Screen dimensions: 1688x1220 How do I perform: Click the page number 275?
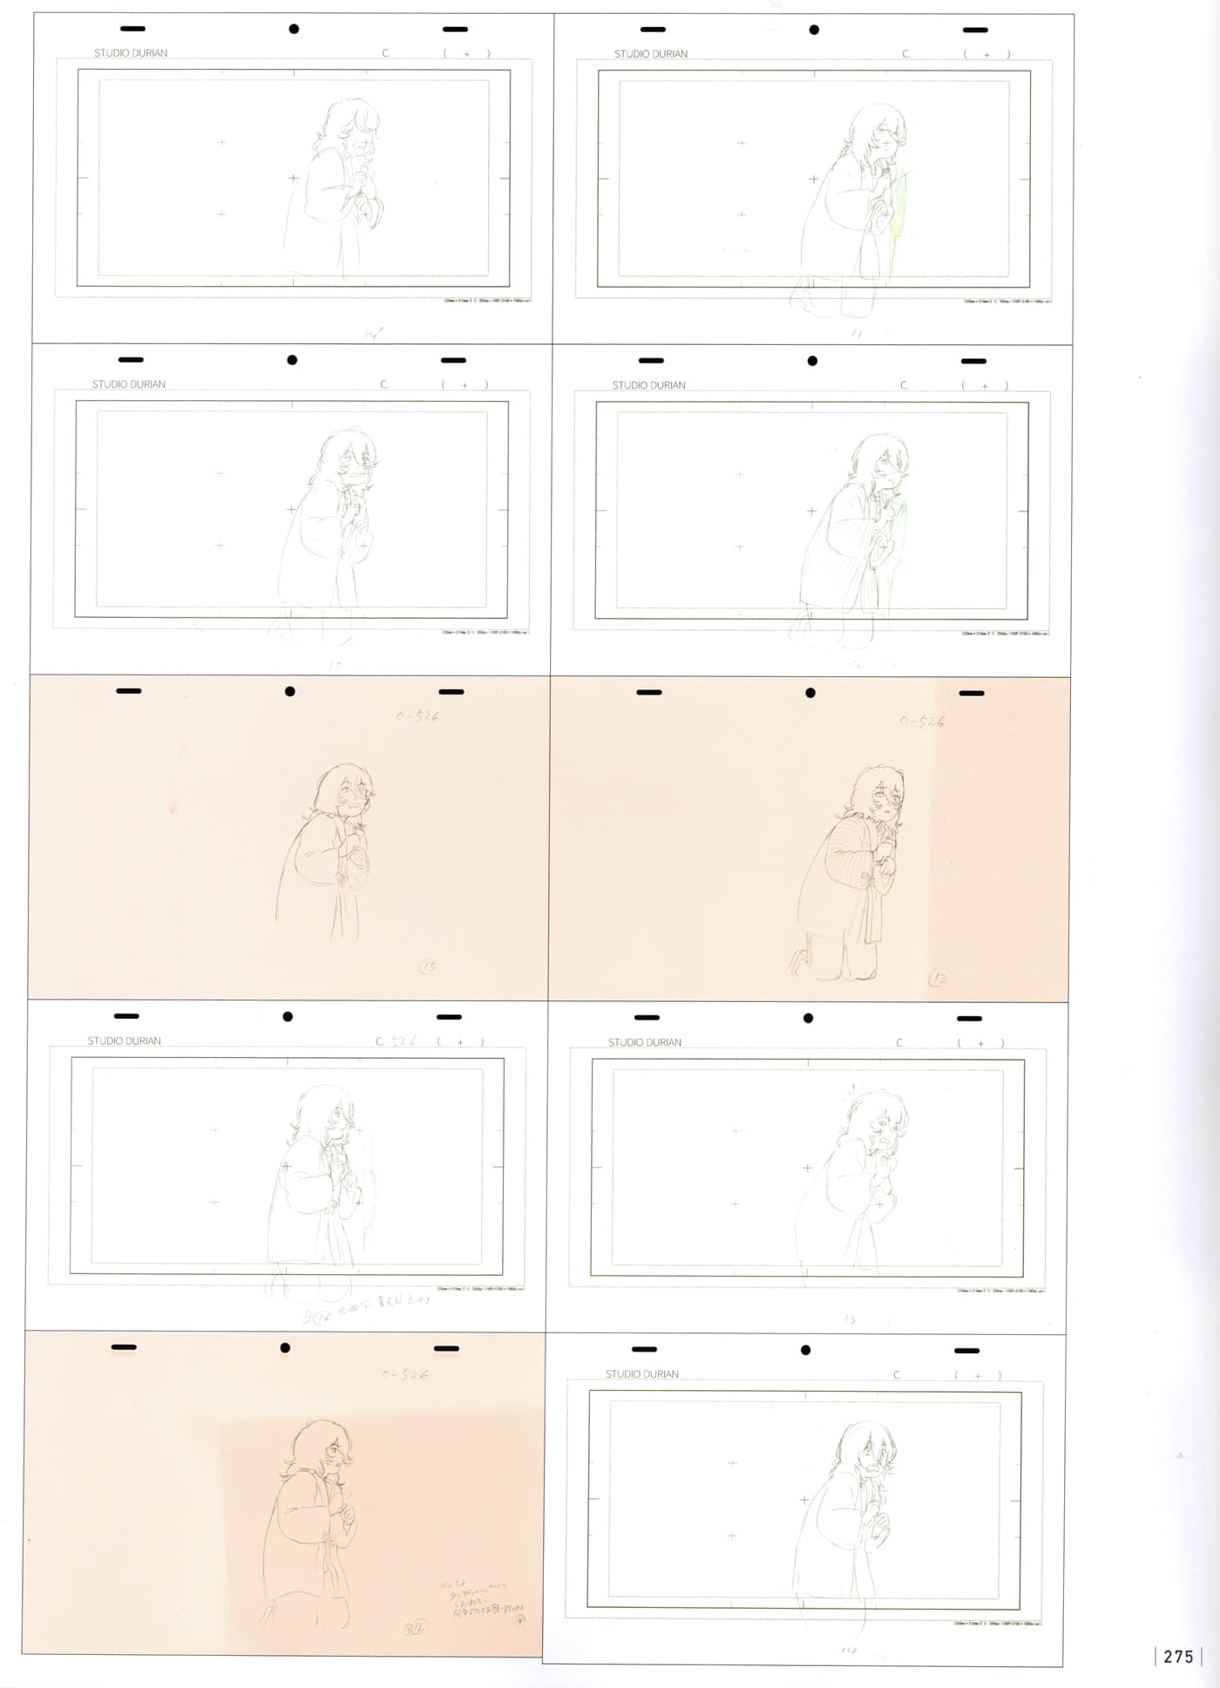[x=1178, y=1657]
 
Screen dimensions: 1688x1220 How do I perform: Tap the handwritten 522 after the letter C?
[x=403, y=1041]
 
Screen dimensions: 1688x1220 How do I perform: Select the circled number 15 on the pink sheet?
[x=428, y=966]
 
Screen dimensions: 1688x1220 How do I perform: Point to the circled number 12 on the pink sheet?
[x=938, y=978]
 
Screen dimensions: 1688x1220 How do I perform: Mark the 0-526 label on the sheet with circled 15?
[x=417, y=716]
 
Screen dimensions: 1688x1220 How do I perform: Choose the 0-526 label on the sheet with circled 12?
[x=921, y=722]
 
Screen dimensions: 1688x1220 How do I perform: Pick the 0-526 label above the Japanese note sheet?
[x=404, y=1374]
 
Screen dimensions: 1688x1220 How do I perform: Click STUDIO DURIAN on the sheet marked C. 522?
[x=124, y=1041]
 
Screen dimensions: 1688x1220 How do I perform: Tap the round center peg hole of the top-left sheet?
[x=294, y=29]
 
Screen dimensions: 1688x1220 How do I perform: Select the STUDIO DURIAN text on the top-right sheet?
[x=650, y=54]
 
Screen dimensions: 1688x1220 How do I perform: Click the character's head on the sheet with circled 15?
[x=345, y=790]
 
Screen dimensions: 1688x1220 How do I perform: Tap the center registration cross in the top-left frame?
[x=293, y=178]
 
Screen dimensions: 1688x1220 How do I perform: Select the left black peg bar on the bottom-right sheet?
[x=644, y=1349]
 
